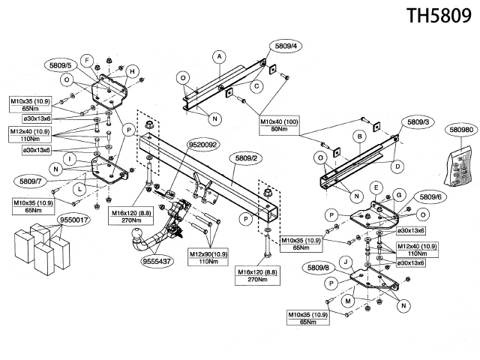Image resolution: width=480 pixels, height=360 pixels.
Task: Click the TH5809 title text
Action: pyautogui.click(x=439, y=15)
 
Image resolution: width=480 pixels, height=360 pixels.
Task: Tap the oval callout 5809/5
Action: pyautogui.click(x=60, y=65)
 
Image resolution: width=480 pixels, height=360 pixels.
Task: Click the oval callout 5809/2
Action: pyautogui.click(x=247, y=158)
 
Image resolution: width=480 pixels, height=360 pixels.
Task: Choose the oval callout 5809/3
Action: pyautogui.click(x=418, y=122)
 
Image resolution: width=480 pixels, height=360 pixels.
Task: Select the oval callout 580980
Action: pyautogui.click(x=461, y=130)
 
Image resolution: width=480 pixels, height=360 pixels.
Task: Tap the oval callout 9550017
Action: pyautogui.click(x=73, y=220)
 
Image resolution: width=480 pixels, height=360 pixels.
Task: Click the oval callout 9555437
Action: pyautogui.click(x=157, y=261)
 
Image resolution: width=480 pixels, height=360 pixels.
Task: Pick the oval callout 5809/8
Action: pyautogui.click(x=318, y=268)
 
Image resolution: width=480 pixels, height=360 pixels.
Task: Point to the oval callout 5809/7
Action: pyautogui.click(x=30, y=181)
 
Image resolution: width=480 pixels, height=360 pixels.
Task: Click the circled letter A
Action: pyautogui.click(x=219, y=57)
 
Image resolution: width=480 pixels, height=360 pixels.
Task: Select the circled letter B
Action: pyautogui.click(x=360, y=136)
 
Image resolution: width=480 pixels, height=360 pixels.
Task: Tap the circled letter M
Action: pyautogui.click(x=348, y=301)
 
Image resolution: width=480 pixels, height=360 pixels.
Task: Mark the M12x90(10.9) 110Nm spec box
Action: pyautogui.click(x=208, y=258)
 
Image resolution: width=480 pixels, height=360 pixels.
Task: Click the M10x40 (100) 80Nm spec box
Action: pyautogui.click(x=279, y=125)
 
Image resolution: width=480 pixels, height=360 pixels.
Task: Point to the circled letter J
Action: pyautogui.click(x=346, y=262)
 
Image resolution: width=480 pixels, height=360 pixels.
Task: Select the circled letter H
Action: pyautogui.click(x=132, y=72)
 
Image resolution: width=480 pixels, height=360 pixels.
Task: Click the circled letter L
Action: pyautogui.click(x=79, y=189)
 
